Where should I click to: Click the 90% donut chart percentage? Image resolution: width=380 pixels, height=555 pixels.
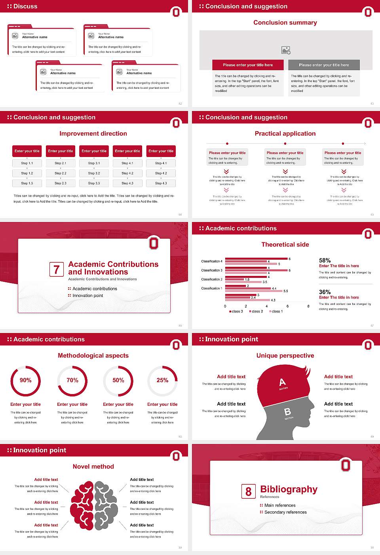click(x=26, y=380)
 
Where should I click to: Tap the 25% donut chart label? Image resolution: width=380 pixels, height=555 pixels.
click(x=162, y=380)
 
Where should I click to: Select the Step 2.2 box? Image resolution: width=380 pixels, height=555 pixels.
click(x=61, y=173)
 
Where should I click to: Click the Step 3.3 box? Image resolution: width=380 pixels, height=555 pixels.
click(x=94, y=183)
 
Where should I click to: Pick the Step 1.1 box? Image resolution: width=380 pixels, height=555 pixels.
click(x=27, y=163)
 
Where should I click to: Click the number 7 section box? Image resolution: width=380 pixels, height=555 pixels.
click(x=56, y=270)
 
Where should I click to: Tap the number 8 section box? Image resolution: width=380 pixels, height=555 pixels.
click(x=248, y=492)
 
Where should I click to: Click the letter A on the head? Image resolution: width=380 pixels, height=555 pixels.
click(x=282, y=382)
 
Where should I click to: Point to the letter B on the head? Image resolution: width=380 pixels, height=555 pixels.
click(x=287, y=412)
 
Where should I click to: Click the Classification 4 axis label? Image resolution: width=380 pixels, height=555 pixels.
click(x=212, y=261)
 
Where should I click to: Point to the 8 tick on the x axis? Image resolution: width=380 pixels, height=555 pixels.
click(x=308, y=306)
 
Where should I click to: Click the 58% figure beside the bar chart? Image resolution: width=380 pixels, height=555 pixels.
click(x=325, y=260)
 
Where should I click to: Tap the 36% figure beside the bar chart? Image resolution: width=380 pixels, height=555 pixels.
click(x=325, y=292)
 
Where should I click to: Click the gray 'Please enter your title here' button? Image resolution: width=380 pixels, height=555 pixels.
click(x=324, y=65)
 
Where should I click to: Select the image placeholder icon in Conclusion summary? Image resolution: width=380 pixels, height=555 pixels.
click(x=286, y=50)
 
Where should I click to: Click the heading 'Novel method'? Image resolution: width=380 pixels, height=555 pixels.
click(x=93, y=467)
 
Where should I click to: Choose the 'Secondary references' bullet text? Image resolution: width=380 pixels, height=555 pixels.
click(x=285, y=512)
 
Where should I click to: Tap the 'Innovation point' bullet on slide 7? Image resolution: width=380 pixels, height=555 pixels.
click(x=88, y=295)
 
